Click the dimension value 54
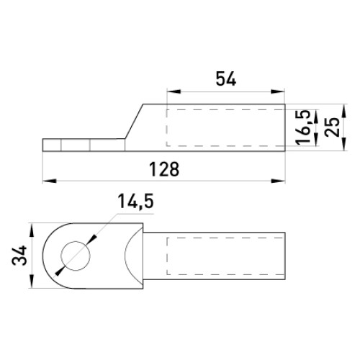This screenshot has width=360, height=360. (x=226, y=78)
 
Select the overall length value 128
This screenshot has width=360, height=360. (x=164, y=169)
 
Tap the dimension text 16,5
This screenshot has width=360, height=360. (x=302, y=127)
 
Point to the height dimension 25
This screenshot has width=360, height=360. (x=332, y=127)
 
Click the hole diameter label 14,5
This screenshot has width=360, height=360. (x=135, y=201)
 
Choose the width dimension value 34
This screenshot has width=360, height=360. (x=19, y=256)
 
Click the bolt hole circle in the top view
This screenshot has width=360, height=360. (x=76, y=256)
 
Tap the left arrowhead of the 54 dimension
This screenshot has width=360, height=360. (x=174, y=91)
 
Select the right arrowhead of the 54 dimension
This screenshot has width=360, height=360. (x=278, y=91)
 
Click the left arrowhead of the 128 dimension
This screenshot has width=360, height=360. (x=50, y=181)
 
